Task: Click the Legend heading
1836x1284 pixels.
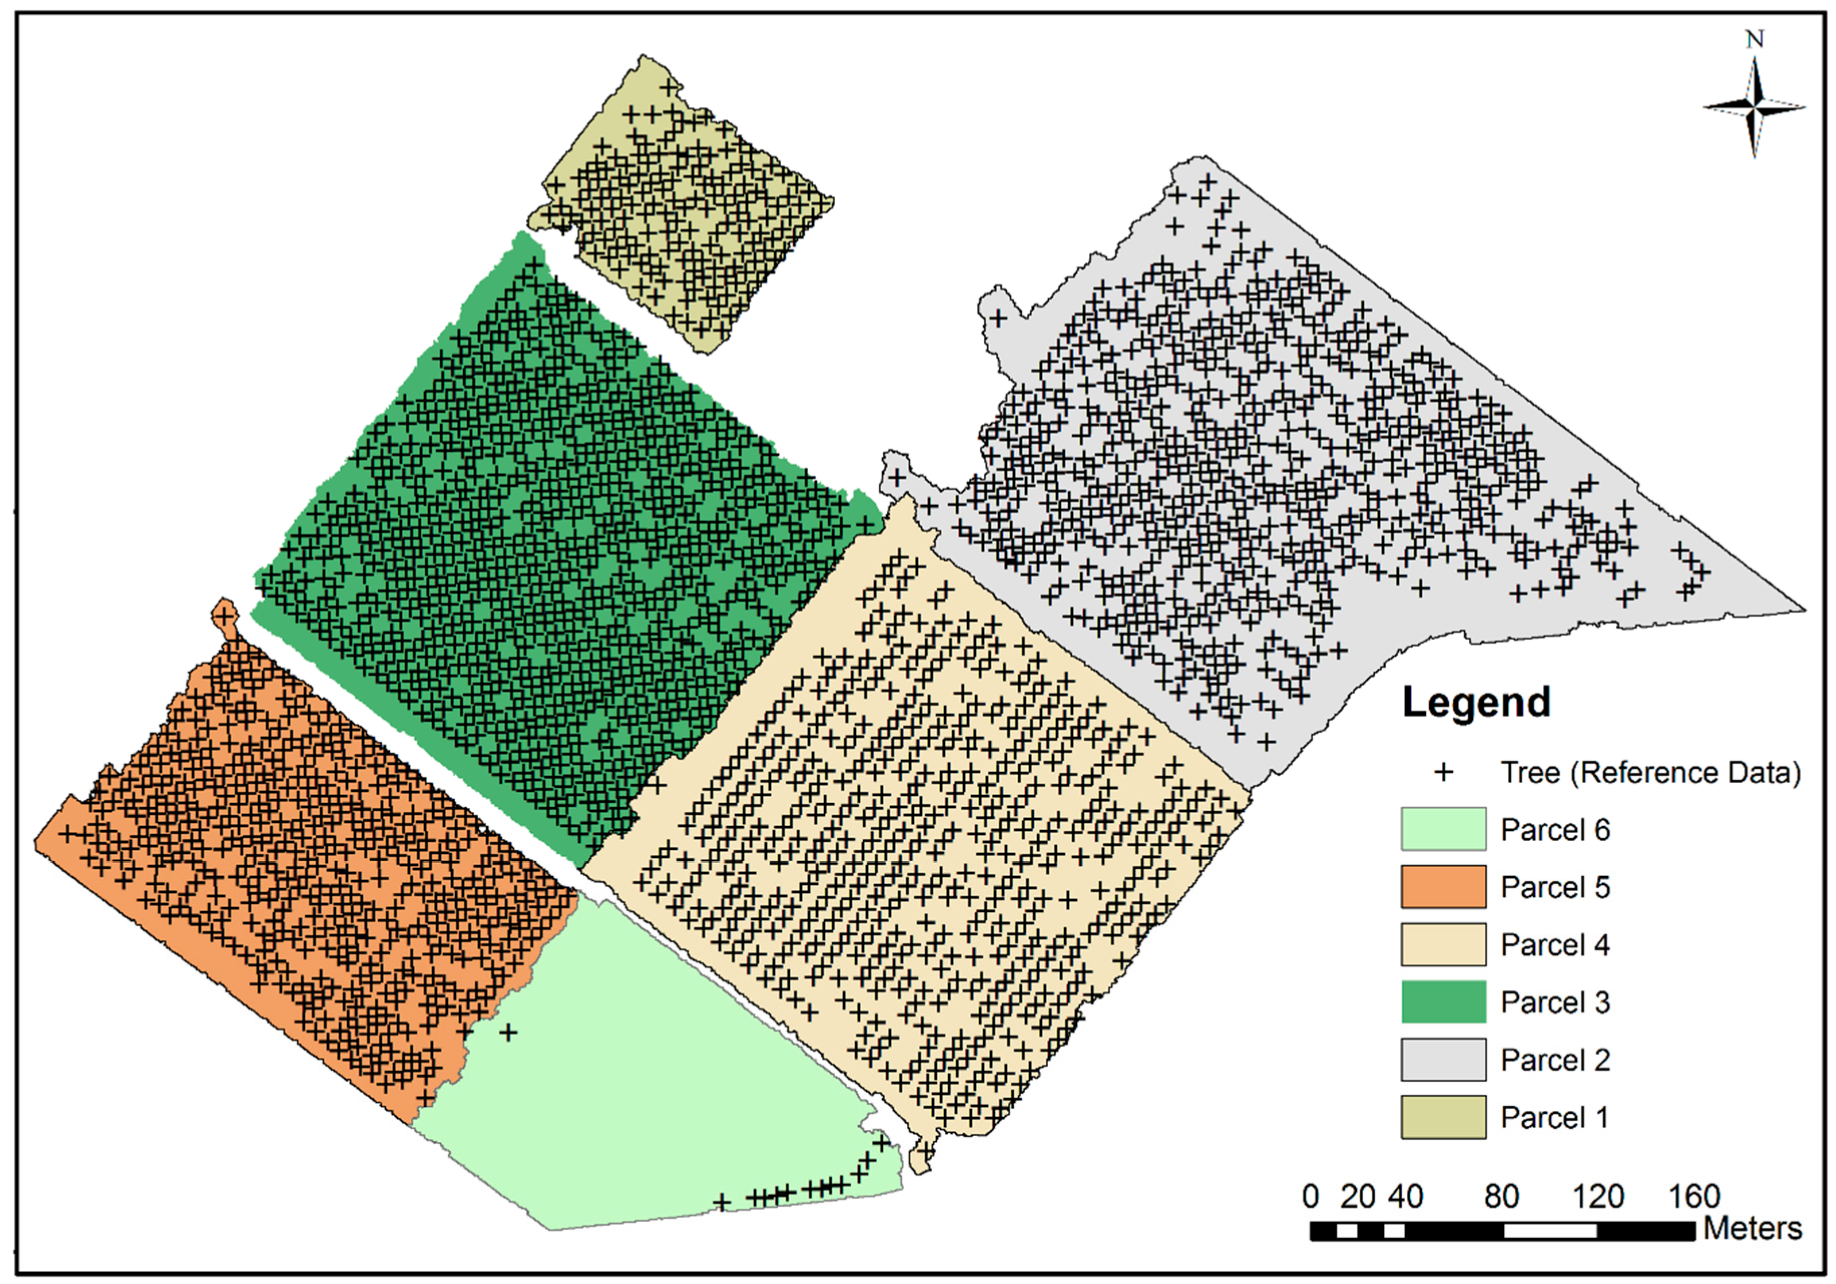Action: (1476, 703)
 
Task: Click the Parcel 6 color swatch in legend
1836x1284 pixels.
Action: (1442, 829)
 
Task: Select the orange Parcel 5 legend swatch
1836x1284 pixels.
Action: (1442, 887)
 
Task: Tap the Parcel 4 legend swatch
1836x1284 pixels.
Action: (1442, 944)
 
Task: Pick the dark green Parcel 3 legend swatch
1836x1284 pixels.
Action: (1442, 1002)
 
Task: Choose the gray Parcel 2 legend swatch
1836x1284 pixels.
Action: (1442, 1059)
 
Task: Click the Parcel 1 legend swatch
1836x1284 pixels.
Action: (1442, 1117)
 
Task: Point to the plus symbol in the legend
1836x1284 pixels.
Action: (1443, 772)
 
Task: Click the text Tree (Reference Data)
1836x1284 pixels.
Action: (1651, 772)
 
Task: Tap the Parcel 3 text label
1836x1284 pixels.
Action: (1555, 1002)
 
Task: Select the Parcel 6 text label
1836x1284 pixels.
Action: (1555, 829)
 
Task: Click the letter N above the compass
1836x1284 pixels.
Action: (1754, 39)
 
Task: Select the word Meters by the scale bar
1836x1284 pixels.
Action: (1753, 1228)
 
